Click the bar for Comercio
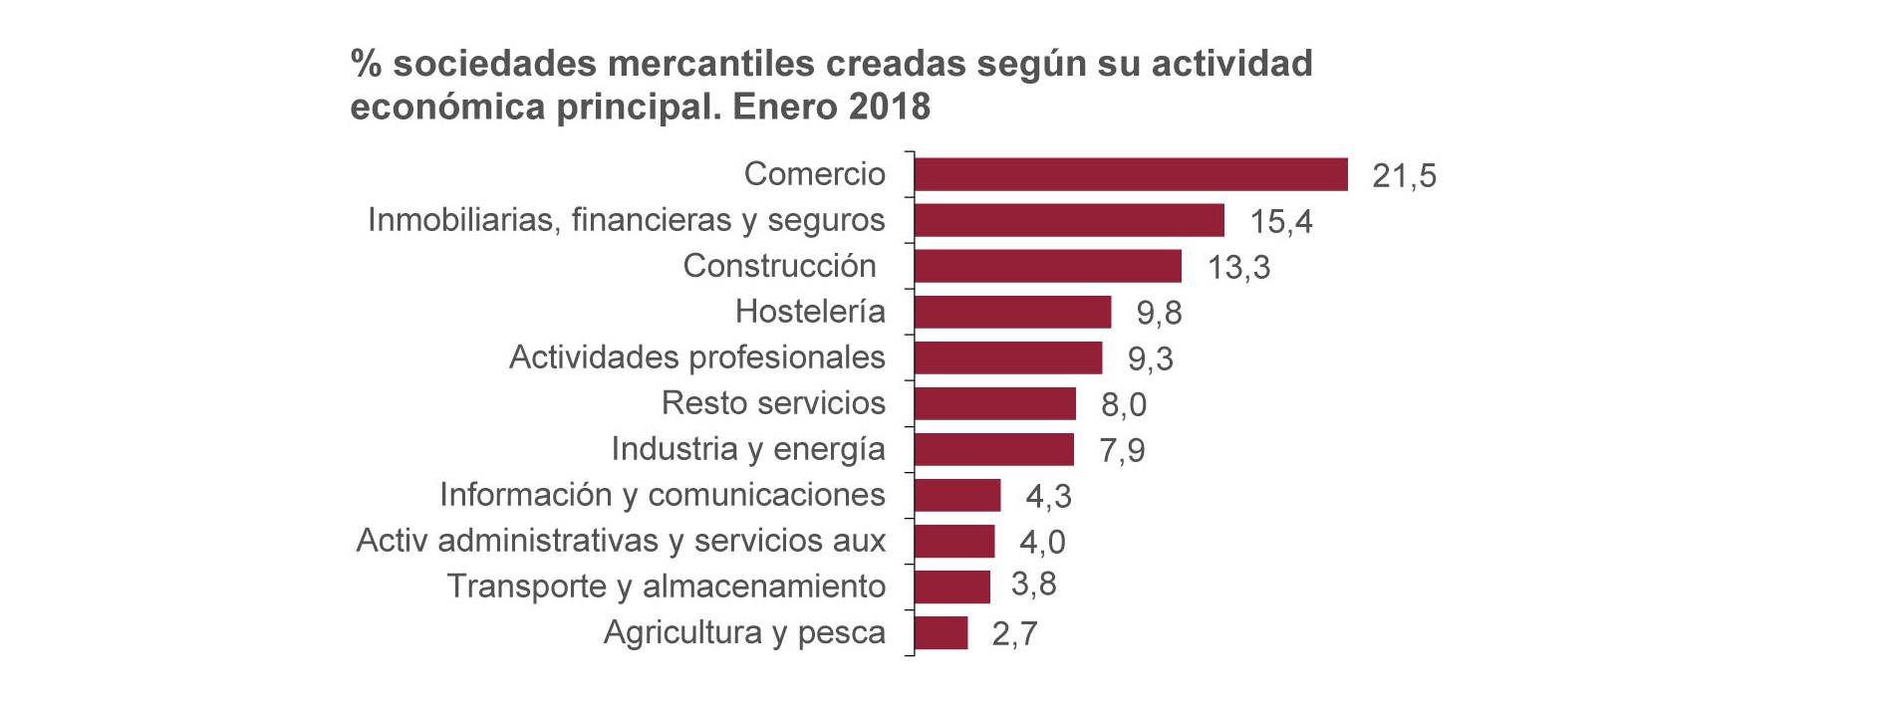[1131, 174]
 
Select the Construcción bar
[1047, 266]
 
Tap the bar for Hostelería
[1012, 312]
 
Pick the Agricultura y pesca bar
[941, 632]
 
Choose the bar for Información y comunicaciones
[956, 495]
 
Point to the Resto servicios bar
[994, 403]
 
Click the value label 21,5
[1404, 175]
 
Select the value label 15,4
[1281, 221]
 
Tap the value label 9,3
[1150, 358]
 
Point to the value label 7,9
[1122, 450]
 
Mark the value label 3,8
[1033, 584]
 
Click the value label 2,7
[1014, 633]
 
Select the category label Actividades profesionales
[696, 357]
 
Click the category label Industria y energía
[747, 449]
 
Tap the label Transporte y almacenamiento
[666, 586]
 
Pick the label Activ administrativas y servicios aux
[621, 541]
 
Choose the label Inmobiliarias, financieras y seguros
[626, 220]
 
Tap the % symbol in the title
[366, 64]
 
